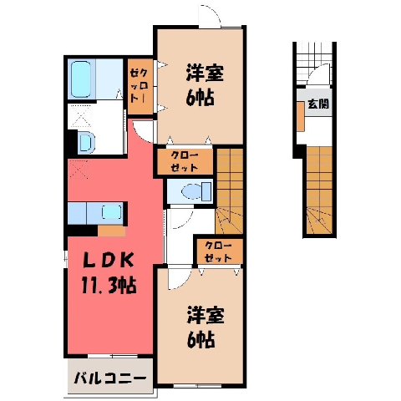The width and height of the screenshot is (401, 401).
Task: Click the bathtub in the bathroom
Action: pyautogui.click(x=81, y=79)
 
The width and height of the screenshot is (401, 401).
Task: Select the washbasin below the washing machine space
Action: pyautogui.click(x=85, y=143)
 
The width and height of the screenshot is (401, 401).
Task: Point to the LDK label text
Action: pyautogui.click(x=109, y=261)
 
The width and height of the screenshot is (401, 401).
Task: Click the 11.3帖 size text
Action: pyautogui.click(x=109, y=286)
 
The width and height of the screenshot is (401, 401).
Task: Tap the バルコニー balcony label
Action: pyautogui.click(x=110, y=378)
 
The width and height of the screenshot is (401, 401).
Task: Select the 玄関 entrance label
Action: pyautogui.click(x=318, y=104)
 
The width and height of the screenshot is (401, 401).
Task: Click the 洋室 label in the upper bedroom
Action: pyautogui.click(x=205, y=73)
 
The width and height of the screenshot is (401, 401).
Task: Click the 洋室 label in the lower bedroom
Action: pyautogui.click(x=206, y=315)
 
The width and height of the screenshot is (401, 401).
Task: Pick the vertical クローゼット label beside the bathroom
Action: pyautogui.click(x=140, y=86)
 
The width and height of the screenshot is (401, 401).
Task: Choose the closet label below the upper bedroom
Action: pyautogui.click(x=185, y=161)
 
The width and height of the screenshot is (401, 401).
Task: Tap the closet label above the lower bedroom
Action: pyautogui.click(x=218, y=252)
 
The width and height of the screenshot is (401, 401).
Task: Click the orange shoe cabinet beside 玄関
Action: pyautogui.click(x=300, y=116)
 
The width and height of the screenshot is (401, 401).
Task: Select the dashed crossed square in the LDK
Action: pyautogui.click(x=79, y=169)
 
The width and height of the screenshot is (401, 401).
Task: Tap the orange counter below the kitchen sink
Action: pyautogui.click(x=111, y=231)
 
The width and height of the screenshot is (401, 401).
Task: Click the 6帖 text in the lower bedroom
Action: pyautogui.click(x=200, y=339)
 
